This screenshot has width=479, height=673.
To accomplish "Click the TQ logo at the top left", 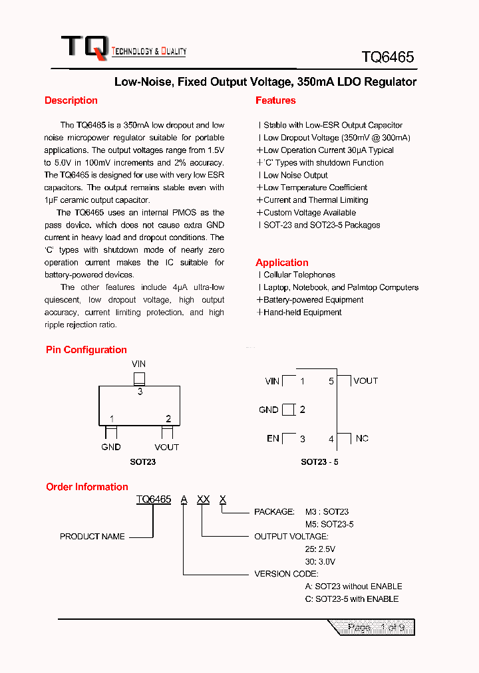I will (x=84, y=47).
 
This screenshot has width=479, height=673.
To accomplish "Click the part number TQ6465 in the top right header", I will (x=388, y=57).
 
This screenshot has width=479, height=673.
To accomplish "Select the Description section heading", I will (x=71, y=100).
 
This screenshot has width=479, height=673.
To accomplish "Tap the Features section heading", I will (x=275, y=100).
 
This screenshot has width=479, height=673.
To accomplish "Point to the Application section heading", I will (x=282, y=263).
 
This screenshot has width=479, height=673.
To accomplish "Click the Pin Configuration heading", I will (x=86, y=350).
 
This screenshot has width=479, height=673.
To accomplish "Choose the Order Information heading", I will (x=86, y=487).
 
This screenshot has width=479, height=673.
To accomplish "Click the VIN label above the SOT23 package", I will (x=138, y=364).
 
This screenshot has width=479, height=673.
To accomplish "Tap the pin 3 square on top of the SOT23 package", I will (x=139, y=378).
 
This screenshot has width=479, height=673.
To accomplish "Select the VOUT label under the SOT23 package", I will (x=167, y=447).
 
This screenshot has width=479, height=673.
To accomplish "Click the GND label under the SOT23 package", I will (x=111, y=447).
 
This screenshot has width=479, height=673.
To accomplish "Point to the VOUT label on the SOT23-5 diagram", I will (x=365, y=381).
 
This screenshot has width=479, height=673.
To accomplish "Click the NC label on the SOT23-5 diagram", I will (x=362, y=438).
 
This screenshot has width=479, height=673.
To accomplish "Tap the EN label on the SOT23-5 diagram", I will (x=273, y=438).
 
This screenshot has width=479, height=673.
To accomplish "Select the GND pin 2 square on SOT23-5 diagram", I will (x=288, y=410).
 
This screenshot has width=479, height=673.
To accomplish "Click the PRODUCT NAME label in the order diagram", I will (x=92, y=537).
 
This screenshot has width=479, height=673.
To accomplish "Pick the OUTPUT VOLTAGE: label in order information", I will (x=291, y=537).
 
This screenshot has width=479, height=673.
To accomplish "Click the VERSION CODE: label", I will (x=286, y=574).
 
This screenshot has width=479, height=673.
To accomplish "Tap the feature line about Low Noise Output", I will (x=295, y=175).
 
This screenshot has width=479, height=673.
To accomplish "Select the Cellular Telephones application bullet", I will (x=299, y=275).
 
